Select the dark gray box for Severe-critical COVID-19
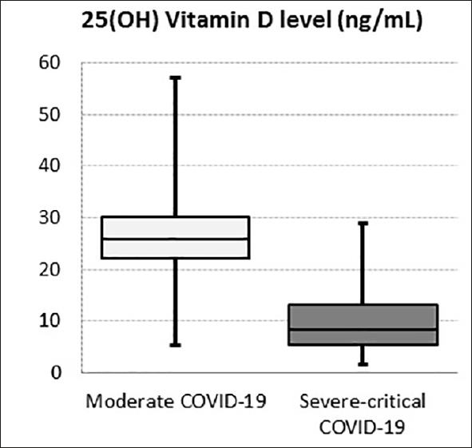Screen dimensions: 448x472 pos(363,315)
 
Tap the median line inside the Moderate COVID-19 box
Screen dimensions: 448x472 pos(175,239)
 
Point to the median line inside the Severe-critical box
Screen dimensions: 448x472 pos(363,329)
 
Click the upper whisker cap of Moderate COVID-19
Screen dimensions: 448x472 pos(175,77)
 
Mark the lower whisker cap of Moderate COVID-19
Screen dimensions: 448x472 pos(175,345)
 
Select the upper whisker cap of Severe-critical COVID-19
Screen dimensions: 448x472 pos(363,223)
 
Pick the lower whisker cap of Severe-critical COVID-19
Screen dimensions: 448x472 pos(363,364)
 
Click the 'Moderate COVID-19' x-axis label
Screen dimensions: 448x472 pos(174,399)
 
